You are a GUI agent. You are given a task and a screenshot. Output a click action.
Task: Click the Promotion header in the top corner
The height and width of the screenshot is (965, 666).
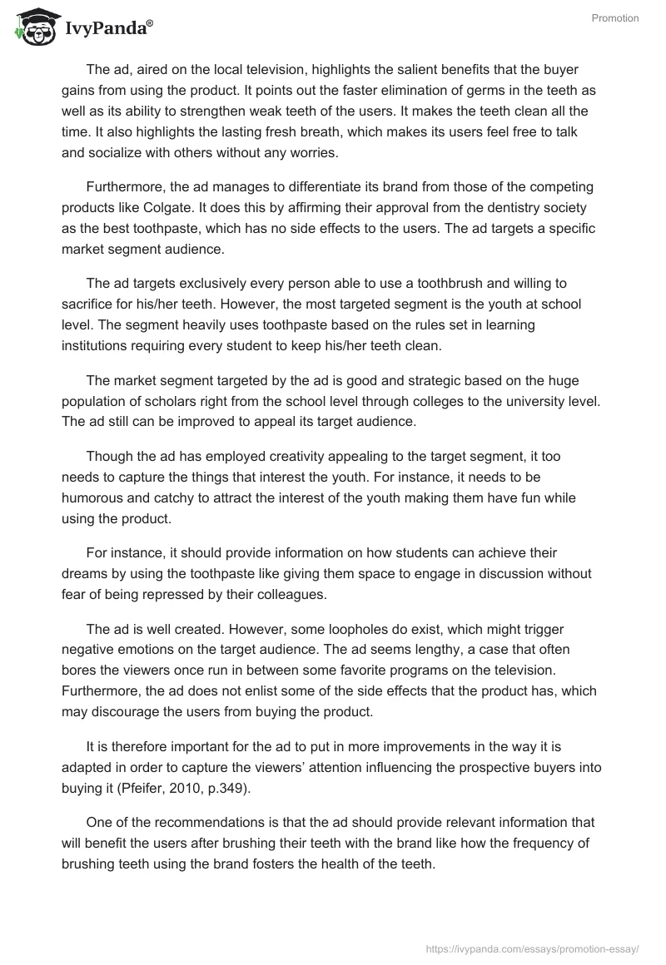click(615, 18)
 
